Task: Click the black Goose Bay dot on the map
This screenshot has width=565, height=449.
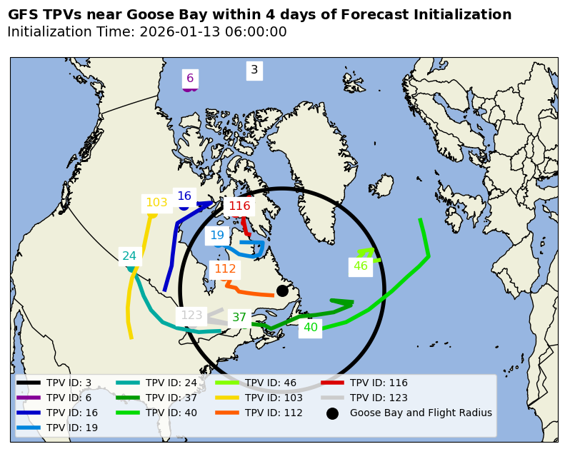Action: click(282, 291)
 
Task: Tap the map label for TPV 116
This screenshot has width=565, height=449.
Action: click(239, 206)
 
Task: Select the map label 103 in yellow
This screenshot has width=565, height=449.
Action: click(156, 203)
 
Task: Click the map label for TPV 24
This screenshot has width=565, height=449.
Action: click(129, 256)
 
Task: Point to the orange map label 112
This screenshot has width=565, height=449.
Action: click(225, 269)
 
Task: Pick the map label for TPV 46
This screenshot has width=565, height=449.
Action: click(361, 266)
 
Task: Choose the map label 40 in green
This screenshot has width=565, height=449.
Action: click(311, 328)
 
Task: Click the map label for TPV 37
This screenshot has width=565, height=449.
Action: click(239, 318)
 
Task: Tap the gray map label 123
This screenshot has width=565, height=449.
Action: click(191, 316)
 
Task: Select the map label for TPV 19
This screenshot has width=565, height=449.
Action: click(217, 236)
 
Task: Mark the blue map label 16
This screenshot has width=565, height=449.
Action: click(184, 196)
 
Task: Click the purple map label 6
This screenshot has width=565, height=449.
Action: click(190, 79)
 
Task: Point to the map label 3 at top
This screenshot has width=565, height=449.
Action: click(254, 70)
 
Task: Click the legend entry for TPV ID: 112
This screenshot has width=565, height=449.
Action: click(274, 413)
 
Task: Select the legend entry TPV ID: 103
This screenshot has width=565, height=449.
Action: click(274, 398)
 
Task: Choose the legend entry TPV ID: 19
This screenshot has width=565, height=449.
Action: click(72, 428)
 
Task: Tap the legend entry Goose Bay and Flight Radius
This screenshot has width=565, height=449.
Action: click(421, 413)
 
